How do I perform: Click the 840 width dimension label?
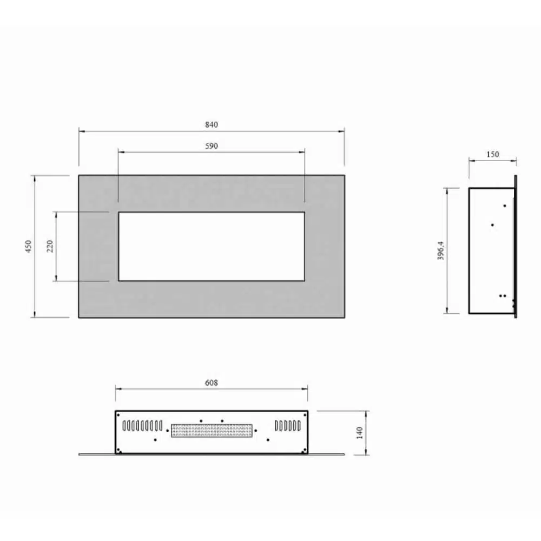(x=212, y=124)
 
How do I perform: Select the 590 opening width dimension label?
(x=212, y=146)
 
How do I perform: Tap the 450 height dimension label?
(x=28, y=246)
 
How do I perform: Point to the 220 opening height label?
(x=50, y=246)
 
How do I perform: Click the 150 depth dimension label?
(x=493, y=154)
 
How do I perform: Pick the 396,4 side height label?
(x=440, y=250)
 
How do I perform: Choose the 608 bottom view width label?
(x=212, y=382)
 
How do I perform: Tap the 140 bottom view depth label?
(x=360, y=433)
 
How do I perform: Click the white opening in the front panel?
(x=212, y=246)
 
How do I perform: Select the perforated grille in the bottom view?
(x=212, y=431)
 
